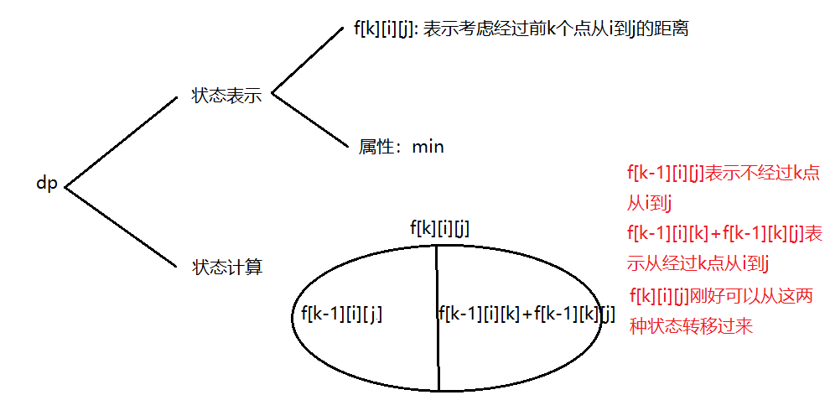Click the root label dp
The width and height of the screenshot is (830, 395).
click(x=46, y=184)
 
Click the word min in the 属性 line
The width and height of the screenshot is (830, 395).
click(x=428, y=147)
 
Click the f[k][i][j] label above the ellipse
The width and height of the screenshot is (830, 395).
click(x=439, y=227)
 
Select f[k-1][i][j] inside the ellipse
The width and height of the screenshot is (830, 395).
click(x=341, y=314)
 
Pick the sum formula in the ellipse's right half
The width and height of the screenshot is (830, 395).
click(x=527, y=314)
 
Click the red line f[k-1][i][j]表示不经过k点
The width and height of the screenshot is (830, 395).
click(x=723, y=174)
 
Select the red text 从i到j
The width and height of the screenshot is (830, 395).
click(x=652, y=202)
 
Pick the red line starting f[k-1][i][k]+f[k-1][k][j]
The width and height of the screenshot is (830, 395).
click(x=724, y=233)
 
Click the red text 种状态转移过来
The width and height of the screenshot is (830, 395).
click(x=691, y=326)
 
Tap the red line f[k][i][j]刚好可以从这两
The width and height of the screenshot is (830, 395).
click(x=721, y=296)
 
